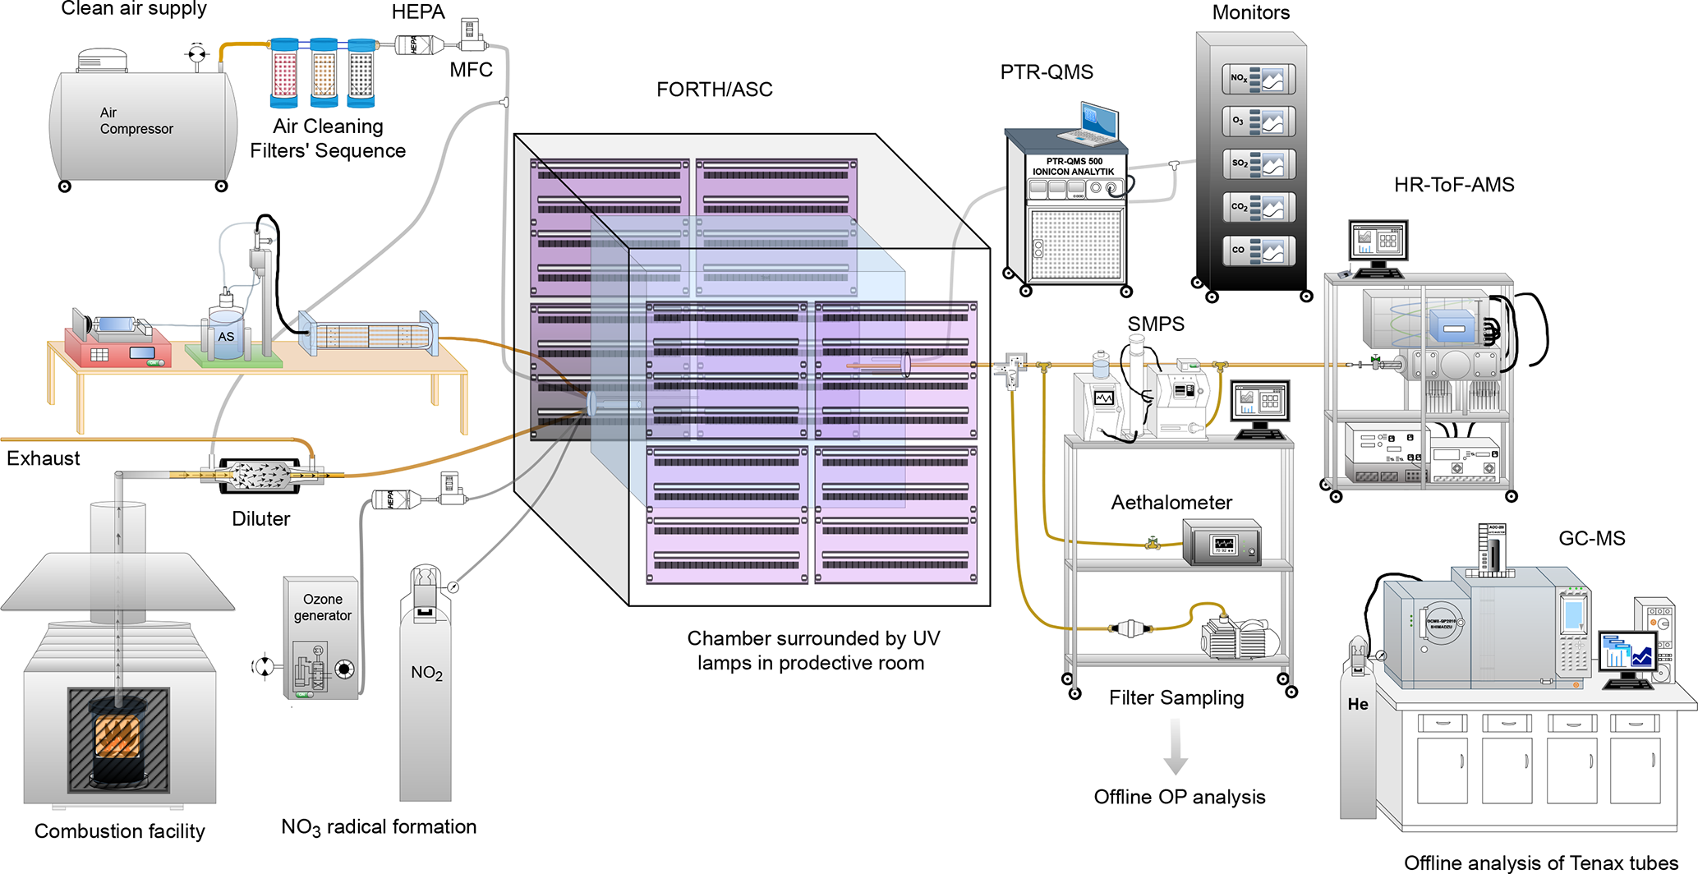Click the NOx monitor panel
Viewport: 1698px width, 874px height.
[1258, 80]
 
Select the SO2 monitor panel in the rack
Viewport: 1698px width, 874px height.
[1258, 164]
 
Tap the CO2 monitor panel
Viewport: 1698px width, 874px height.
[1258, 208]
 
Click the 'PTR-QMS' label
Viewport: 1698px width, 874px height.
[1047, 72]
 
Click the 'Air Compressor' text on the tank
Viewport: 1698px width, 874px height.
[136, 121]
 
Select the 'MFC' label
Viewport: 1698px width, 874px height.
[471, 70]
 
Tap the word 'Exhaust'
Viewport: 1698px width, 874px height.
[44, 458]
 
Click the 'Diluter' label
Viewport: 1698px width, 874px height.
[260, 519]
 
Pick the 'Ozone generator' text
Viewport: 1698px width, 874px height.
[322, 607]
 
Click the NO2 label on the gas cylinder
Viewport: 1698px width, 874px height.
[426, 673]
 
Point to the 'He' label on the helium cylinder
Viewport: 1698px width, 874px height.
[1358, 704]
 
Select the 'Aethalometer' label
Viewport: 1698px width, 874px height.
[1171, 503]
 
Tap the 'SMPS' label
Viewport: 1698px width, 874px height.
[1156, 324]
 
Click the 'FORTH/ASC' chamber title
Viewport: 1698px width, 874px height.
[714, 90]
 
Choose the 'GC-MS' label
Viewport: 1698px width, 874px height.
[1591, 539]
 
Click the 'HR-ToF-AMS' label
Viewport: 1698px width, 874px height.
[1453, 185]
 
